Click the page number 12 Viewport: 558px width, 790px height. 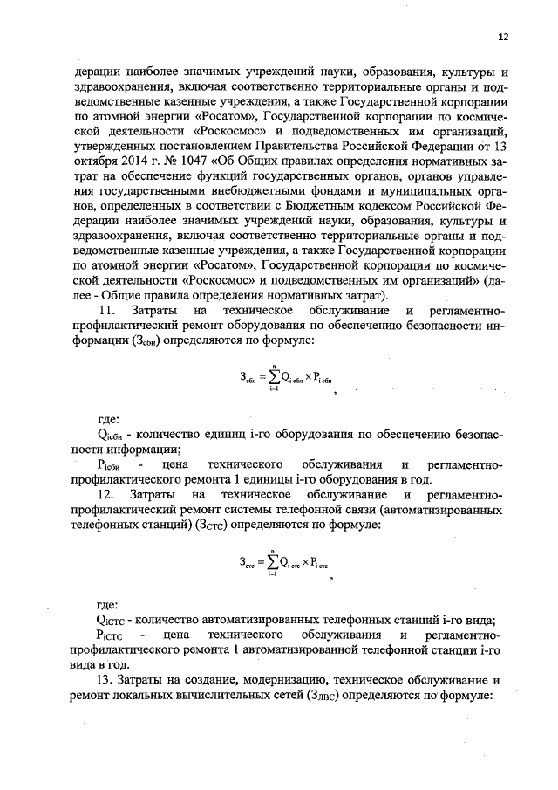pos(503,37)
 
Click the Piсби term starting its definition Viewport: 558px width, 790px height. pos(110,464)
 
